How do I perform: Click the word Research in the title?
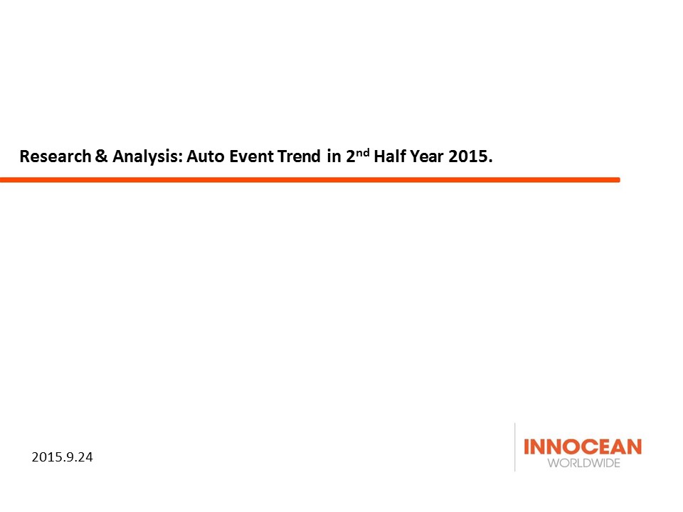(55, 156)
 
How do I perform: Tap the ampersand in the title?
(101, 156)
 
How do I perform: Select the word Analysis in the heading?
(145, 156)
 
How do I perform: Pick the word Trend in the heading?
(299, 156)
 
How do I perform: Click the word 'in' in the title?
(334, 156)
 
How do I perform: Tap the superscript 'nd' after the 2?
(363, 152)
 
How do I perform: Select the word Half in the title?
(390, 156)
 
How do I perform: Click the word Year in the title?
(426, 156)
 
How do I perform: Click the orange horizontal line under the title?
(309, 180)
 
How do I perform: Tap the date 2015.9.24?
(63, 457)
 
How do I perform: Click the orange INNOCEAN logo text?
(583, 447)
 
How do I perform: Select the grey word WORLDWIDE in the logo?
(583, 463)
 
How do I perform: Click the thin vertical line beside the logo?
(515, 447)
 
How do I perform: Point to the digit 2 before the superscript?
(351, 156)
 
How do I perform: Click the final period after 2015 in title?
(490, 161)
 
